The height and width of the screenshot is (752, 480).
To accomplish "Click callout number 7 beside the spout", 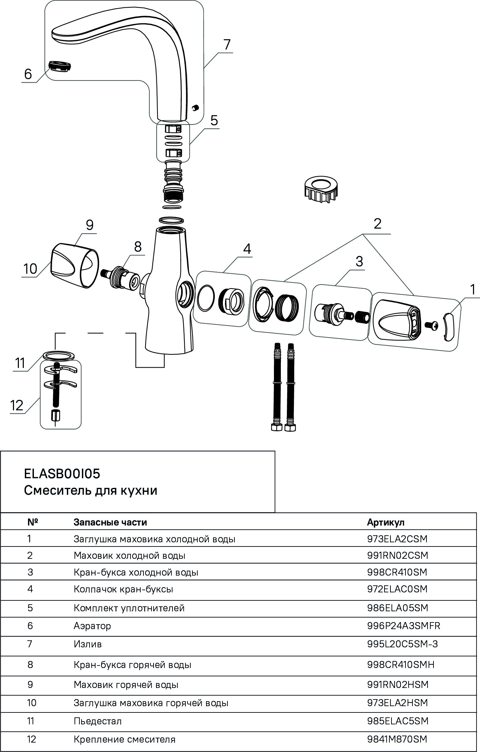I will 227,44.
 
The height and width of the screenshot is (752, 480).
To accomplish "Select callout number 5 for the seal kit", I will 214,120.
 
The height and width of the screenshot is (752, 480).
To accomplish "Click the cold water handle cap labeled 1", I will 448,326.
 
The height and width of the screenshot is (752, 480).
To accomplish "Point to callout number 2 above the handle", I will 377,224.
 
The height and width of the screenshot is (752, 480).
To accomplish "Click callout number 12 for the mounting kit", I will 17,405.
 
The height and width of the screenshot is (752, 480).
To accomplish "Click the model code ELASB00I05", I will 62,474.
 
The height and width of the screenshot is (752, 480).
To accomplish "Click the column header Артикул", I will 386,522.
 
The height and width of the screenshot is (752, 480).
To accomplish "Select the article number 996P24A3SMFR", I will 404,626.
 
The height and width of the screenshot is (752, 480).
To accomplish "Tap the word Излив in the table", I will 87,644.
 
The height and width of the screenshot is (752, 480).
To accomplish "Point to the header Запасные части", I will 110,522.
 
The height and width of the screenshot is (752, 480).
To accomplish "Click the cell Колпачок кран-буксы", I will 123,589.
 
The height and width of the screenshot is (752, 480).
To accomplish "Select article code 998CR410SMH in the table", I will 401,664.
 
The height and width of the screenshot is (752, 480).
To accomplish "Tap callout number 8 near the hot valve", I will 138,246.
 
